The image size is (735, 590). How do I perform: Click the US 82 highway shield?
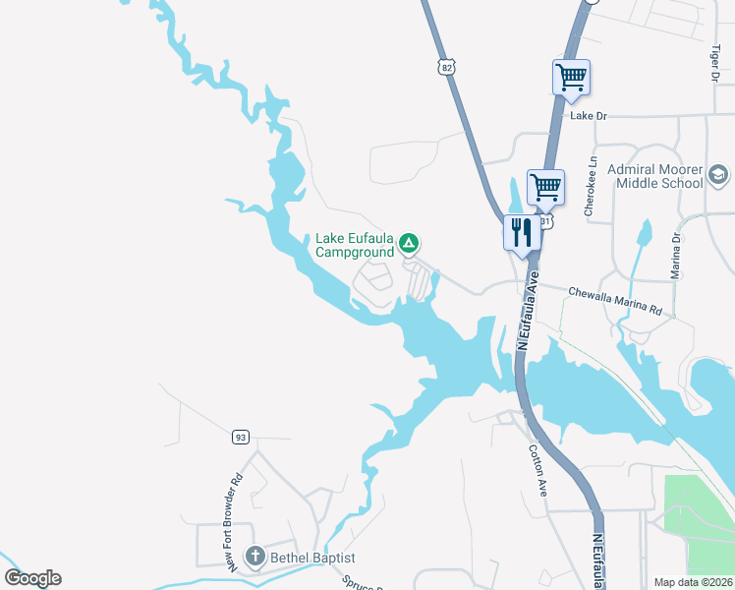447,66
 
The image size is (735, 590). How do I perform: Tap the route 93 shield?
240,436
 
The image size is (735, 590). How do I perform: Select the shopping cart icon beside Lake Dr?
571,78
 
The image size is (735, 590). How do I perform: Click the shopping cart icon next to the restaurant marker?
545,186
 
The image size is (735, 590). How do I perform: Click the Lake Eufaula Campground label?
355,245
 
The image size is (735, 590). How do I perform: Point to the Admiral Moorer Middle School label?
655,176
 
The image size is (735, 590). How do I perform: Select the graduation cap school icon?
719,177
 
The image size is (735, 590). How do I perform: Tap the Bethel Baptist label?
311,558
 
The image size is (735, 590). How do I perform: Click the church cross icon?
254,558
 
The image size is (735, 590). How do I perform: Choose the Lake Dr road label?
590,116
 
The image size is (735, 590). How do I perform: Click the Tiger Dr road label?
715,63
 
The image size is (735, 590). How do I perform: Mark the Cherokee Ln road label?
591,186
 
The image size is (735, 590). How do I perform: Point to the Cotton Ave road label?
537,470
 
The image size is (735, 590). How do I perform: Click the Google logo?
32,578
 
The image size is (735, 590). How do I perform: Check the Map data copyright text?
693,582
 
